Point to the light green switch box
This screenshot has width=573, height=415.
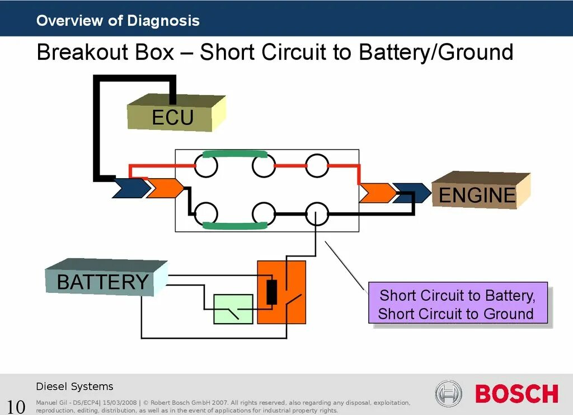pos(233,309)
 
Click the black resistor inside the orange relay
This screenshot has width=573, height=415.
pos(272,292)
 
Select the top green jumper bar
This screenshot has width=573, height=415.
pos(234,154)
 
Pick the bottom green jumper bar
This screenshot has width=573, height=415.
pos(234,225)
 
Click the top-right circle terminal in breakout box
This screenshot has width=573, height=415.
pos(317,166)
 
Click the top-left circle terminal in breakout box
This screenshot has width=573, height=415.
pos(205,166)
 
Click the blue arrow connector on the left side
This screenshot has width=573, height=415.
pos(130,188)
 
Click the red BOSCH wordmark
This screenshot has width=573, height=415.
pos(516,393)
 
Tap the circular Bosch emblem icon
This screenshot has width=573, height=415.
pos(448,393)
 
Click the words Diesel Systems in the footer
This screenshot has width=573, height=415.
pos(74,386)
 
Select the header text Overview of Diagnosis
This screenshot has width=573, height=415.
pos(118,21)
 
